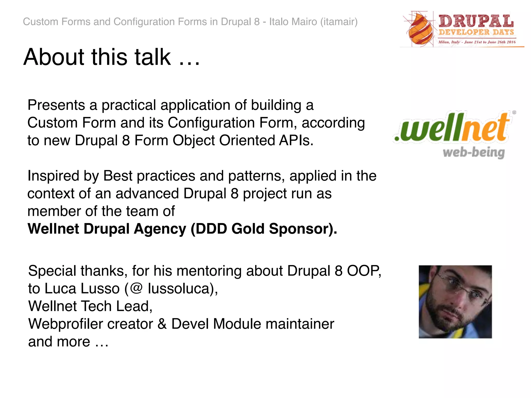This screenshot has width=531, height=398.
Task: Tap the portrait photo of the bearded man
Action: tap(455, 302)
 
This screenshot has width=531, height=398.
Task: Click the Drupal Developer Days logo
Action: tap(462, 29)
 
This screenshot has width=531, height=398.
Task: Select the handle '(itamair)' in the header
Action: tap(339, 22)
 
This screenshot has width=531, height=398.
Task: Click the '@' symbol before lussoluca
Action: tap(136, 289)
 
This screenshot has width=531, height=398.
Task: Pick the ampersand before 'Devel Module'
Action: tap(162, 324)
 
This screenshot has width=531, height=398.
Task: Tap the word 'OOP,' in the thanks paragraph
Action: tap(364, 271)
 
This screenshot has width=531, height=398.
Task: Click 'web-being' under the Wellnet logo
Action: tap(473, 153)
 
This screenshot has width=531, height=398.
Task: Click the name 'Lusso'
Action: tap(100, 289)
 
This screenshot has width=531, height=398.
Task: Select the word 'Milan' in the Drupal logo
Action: tap(443, 42)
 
